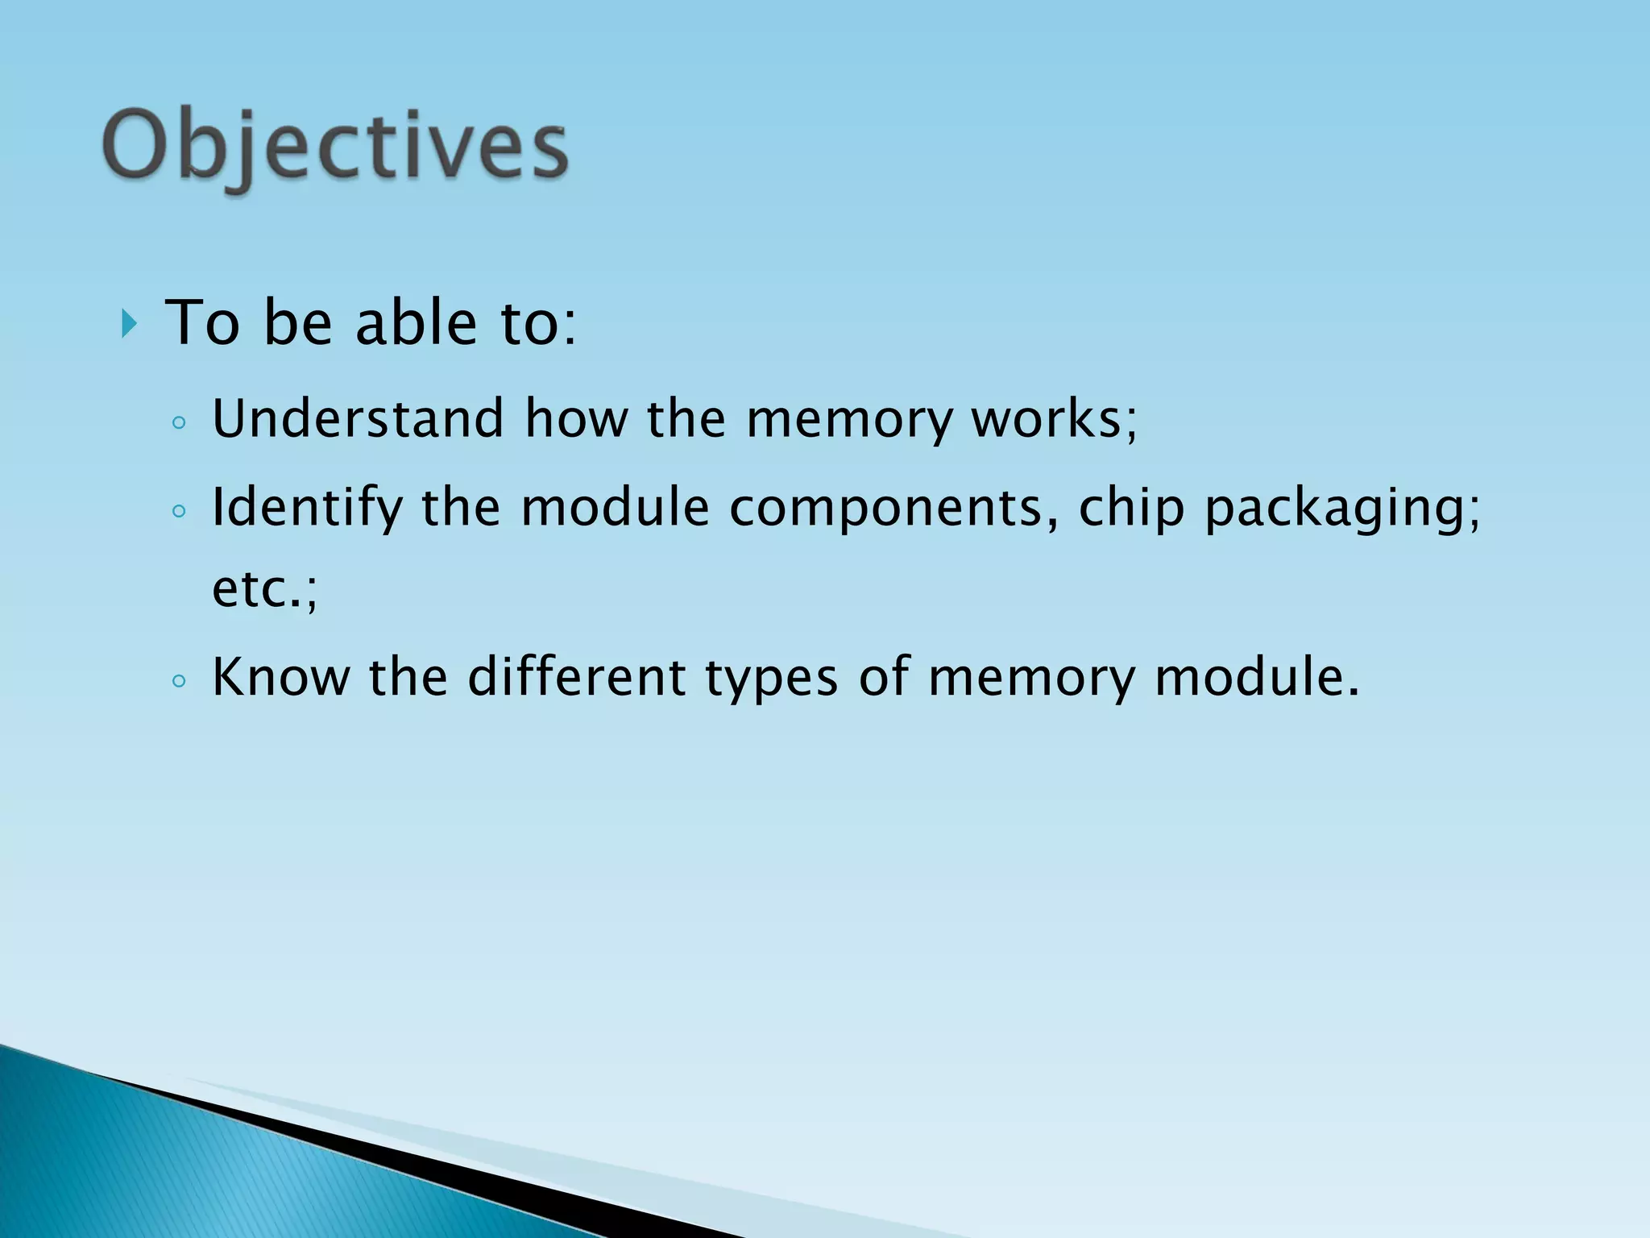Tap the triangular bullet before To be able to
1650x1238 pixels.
(x=129, y=324)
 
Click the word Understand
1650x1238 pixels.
(x=358, y=419)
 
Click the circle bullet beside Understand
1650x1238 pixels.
(x=179, y=422)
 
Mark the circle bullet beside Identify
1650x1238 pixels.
(x=179, y=511)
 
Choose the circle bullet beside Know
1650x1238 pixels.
(x=179, y=681)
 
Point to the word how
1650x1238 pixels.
(x=576, y=419)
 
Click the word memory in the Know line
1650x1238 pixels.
(x=1031, y=678)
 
